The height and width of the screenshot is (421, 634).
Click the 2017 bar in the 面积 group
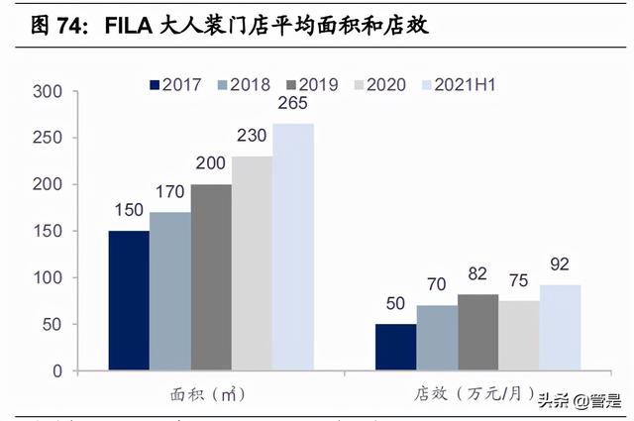[129, 300]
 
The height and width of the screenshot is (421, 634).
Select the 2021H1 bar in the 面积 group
[293, 247]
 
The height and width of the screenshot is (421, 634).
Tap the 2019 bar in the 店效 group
[477, 332]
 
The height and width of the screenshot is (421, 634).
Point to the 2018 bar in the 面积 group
[169, 291]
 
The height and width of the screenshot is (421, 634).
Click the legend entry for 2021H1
[457, 85]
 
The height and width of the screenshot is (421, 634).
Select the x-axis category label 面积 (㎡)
[211, 394]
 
